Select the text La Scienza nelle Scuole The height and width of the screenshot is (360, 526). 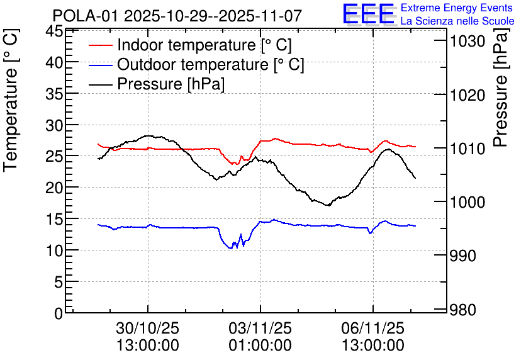(457, 21)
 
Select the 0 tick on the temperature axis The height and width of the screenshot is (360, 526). (58, 313)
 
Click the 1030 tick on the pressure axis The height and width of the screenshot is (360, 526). (466, 42)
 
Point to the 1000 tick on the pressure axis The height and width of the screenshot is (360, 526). (466, 203)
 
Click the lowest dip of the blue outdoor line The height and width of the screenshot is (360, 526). (231, 248)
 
